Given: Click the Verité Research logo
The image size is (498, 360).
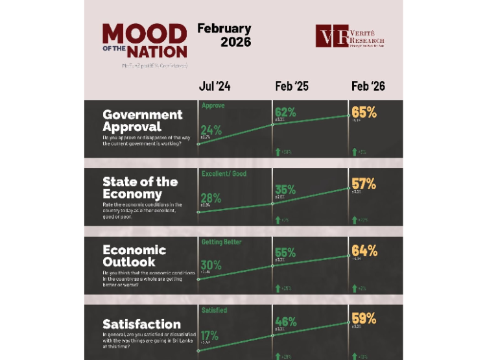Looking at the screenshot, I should coord(350,36).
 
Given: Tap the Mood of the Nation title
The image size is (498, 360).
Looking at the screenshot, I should coord(145,41).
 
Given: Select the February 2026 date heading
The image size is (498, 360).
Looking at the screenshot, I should coord(224,36).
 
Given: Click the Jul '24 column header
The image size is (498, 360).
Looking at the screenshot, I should coord(215,86).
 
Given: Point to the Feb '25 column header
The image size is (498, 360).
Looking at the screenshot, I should coord(292,86).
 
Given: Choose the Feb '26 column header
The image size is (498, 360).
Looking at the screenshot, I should coord(368,86).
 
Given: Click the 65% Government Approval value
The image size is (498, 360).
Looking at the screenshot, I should coord(364,113).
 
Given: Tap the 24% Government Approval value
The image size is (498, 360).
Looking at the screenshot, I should coord(211,130).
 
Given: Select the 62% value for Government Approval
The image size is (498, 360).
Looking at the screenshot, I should coord(285,112).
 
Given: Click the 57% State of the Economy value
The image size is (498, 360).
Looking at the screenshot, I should coord(364,184).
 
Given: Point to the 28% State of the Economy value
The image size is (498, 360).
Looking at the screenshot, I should coord(211,198).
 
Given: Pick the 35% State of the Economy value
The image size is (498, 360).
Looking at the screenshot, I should coord(285,190).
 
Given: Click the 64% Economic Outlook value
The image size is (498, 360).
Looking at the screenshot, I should coord(364,250).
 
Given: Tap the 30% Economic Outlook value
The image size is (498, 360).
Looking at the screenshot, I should coord(211,265).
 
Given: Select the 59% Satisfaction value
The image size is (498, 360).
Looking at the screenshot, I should coord(364,319).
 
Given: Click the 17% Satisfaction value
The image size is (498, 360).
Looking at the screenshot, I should coord(210,335).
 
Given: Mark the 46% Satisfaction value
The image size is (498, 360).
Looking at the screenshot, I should coord(285,322).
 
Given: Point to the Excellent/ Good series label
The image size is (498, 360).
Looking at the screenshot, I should coord(224,174).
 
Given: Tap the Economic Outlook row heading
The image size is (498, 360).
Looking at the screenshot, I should coord(134,256).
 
